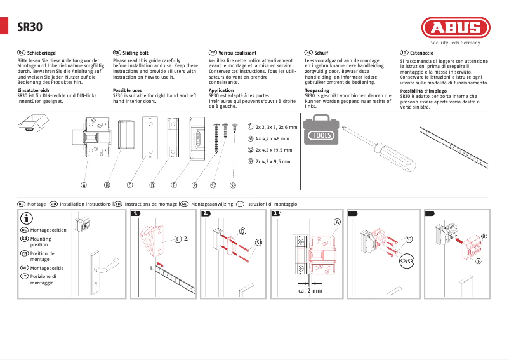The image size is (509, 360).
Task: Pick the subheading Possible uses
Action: click(127, 91)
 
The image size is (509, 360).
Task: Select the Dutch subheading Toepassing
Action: click(317, 91)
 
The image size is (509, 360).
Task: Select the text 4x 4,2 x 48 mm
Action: click(272, 138)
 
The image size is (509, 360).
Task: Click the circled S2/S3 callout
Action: click(406, 261)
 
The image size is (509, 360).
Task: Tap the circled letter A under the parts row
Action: click(83, 185)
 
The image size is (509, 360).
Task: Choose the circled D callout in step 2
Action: click(242, 231)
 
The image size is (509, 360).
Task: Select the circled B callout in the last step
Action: click(484, 236)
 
